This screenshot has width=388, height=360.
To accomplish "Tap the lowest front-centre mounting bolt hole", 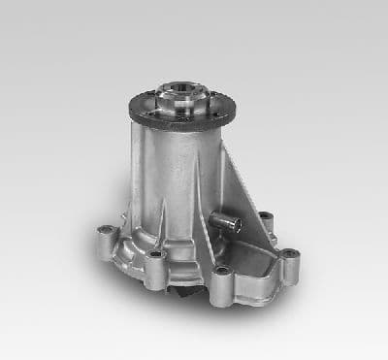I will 222,271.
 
